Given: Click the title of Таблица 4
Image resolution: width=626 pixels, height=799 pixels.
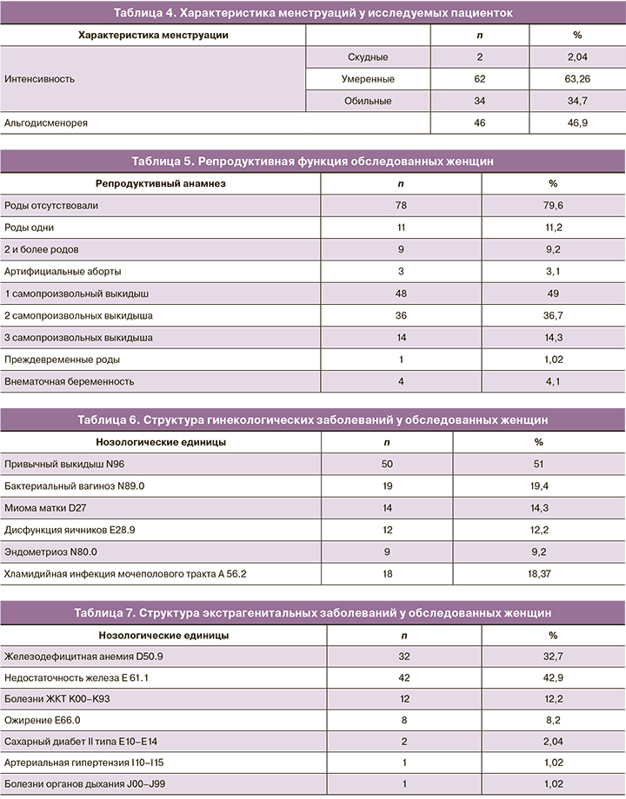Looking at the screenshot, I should click(x=313, y=13).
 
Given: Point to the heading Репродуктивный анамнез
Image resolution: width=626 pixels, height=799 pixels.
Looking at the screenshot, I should click(x=160, y=183).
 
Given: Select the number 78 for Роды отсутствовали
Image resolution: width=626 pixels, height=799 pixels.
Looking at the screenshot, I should click(x=400, y=206).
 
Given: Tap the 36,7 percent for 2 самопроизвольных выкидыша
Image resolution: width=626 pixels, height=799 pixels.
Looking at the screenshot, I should click(x=553, y=316).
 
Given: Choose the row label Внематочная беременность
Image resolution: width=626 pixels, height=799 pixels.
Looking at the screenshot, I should click(x=70, y=381).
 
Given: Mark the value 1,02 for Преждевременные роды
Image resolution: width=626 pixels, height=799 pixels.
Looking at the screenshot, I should click(x=553, y=360).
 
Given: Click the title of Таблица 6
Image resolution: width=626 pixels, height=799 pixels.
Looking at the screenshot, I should click(x=313, y=419).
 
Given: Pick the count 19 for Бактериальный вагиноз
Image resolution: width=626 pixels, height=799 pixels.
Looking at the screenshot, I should click(x=387, y=486).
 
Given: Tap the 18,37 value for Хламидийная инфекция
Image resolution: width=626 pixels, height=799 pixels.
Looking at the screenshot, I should click(x=539, y=574).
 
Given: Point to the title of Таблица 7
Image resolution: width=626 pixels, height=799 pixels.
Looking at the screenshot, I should click(x=313, y=613).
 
